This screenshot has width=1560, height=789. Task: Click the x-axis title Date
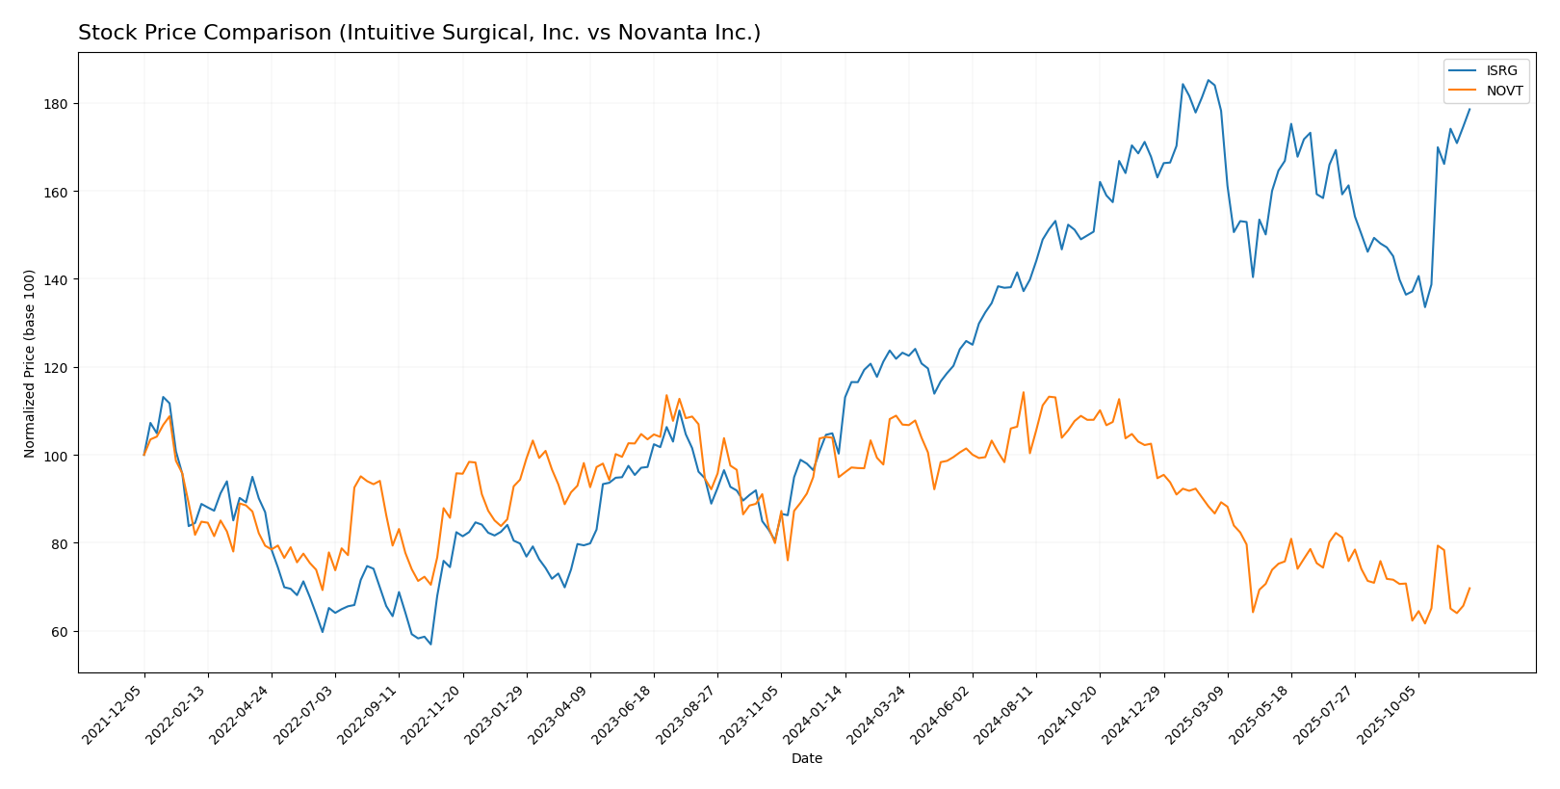click(x=806, y=759)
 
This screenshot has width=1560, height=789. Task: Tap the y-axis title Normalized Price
click(x=30, y=363)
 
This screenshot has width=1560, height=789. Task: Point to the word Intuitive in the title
click(x=388, y=33)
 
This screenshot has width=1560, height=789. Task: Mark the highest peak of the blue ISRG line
click(x=1208, y=80)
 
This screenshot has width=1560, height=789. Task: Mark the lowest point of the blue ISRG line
click(x=430, y=644)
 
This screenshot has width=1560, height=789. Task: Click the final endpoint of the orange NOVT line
click(x=1469, y=588)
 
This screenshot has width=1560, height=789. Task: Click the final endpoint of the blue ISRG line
click(x=1469, y=109)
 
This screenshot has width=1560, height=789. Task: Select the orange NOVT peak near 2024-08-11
click(x=1023, y=392)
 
